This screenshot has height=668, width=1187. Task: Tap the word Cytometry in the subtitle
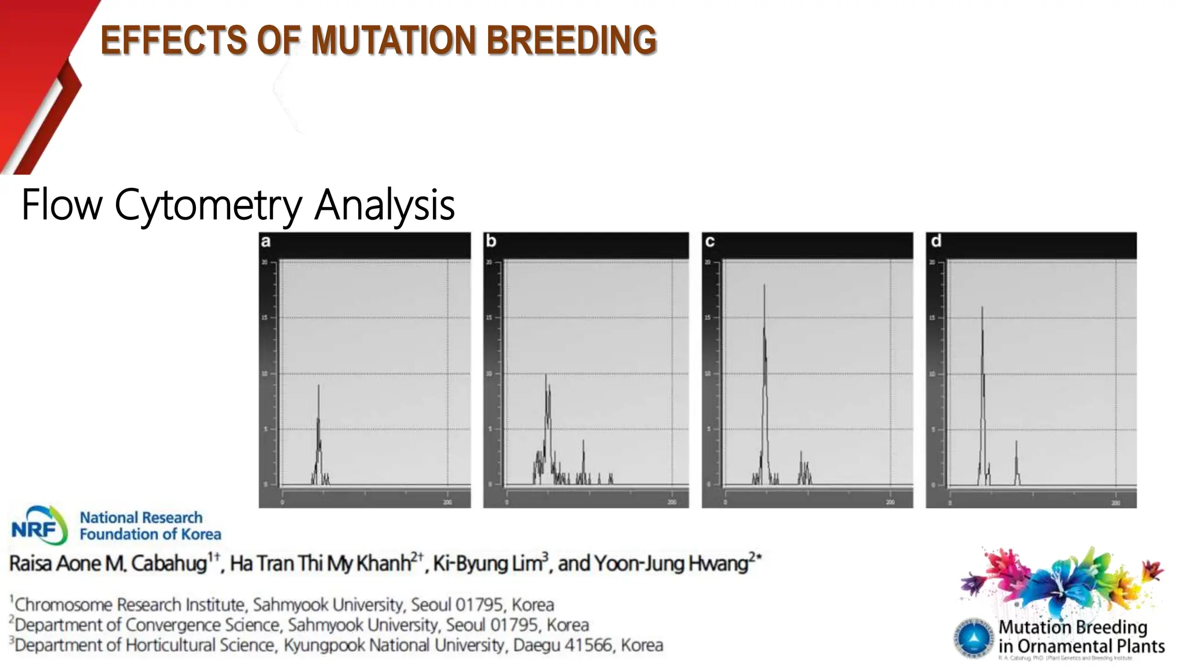pos(208,205)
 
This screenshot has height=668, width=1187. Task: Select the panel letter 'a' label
pos(265,241)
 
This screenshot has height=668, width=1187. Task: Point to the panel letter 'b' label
pos(491,241)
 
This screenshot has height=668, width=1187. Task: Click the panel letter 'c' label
pos(709,241)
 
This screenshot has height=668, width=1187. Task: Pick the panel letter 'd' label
pos(935,241)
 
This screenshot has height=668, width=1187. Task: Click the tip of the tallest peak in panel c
pos(764,285)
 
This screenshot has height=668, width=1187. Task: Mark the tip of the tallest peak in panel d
pos(982,307)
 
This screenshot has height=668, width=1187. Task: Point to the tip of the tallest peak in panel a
pos(318,386)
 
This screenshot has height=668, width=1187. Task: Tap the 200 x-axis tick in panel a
pos(447,502)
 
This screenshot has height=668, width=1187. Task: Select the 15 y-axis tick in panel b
pos(489,318)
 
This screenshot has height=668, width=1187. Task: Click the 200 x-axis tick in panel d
pos(1116,503)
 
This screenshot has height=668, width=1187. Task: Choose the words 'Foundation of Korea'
pos(150,534)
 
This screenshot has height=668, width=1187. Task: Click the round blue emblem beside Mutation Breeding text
pos(974,638)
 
